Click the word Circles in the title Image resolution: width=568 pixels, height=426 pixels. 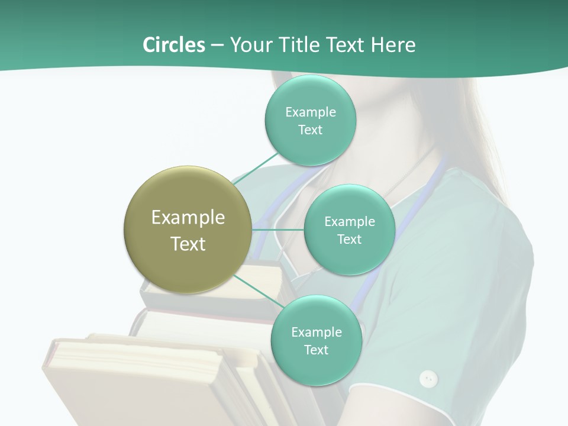click(x=173, y=45)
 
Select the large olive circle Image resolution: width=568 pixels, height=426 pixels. click(x=188, y=230)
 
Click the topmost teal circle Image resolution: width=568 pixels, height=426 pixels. click(x=310, y=120)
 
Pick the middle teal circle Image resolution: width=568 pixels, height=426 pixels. click(x=349, y=230)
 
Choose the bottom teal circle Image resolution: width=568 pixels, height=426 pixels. click(x=316, y=340)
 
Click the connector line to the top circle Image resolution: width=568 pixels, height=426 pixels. click(x=256, y=169)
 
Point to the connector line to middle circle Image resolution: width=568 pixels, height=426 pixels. click(x=278, y=230)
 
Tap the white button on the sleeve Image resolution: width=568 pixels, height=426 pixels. click(x=428, y=378)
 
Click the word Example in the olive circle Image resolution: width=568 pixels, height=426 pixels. click(x=188, y=217)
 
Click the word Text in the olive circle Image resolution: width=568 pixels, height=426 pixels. click(x=188, y=244)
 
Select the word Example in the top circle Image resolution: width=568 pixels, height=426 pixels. click(x=310, y=112)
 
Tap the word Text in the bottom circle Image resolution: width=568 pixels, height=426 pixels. click(x=316, y=350)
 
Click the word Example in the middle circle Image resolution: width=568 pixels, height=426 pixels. click(x=349, y=221)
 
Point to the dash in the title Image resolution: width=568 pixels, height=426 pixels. click(x=217, y=46)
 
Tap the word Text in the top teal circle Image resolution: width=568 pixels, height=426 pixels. click(x=310, y=130)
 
